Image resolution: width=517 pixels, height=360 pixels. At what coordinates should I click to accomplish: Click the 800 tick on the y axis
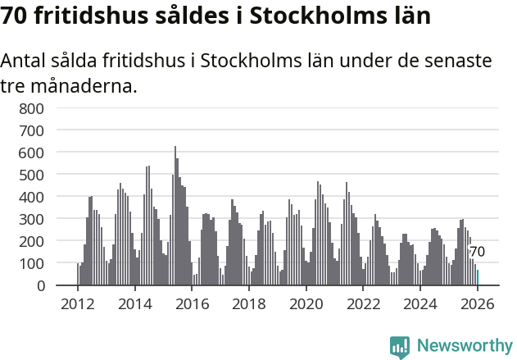pyautogui.click(x=31, y=108)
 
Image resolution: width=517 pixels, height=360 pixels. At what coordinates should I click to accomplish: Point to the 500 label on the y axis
pyautogui.click(x=31, y=175)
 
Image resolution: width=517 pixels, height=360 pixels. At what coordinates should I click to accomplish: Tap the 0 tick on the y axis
pyautogui.click(x=39, y=285)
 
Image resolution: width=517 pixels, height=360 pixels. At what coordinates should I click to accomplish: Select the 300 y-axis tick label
pyautogui.click(x=31, y=219)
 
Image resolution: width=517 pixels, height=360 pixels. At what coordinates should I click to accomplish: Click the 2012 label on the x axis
pyautogui.click(x=77, y=303)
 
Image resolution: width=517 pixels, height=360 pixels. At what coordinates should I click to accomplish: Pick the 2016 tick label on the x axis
pyautogui.click(x=192, y=303)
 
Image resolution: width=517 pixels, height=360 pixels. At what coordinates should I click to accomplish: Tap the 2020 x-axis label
pyautogui.click(x=306, y=303)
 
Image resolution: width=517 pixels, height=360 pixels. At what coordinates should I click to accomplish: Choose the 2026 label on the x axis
pyautogui.click(x=478, y=303)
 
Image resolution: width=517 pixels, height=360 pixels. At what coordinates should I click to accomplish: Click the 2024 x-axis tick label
pyautogui.click(x=421, y=303)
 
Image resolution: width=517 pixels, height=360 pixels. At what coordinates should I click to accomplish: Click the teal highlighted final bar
pyautogui.click(x=478, y=277)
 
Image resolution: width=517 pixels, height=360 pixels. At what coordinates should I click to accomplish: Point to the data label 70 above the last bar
pyautogui.click(x=477, y=252)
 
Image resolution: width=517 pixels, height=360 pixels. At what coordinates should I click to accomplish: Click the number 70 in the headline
pyautogui.click(x=19, y=15)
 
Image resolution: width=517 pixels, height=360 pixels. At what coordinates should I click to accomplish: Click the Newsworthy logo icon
pyautogui.click(x=400, y=347)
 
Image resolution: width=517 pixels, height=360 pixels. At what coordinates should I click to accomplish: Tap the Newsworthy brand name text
pyautogui.click(x=465, y=347)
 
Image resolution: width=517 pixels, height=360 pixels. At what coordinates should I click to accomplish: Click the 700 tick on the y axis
pyautogui.click(x=31, y=130)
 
